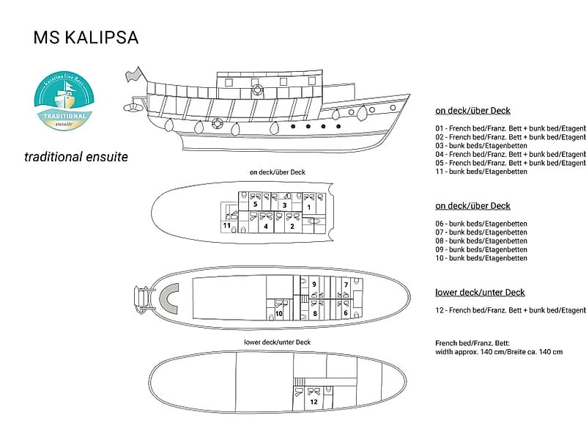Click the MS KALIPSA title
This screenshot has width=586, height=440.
(86, 38)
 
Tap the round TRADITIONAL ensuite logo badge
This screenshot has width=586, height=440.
(63, 103)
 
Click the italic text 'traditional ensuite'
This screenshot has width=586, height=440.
(76, 156)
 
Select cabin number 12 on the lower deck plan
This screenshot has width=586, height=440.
(313, 402)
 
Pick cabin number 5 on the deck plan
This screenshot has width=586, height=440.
(254, 206)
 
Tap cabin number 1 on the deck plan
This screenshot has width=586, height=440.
(309, 208)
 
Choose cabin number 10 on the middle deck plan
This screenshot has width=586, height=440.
(279, 313)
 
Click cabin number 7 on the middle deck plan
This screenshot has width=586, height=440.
(345, 283)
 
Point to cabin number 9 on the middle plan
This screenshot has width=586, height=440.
(314, 283)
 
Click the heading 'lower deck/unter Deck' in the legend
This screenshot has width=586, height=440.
(480, 293)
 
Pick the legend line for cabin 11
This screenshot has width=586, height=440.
(481, 172)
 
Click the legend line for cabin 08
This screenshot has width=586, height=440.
(481, 241)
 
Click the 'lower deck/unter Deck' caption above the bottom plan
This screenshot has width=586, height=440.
(278, 342)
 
